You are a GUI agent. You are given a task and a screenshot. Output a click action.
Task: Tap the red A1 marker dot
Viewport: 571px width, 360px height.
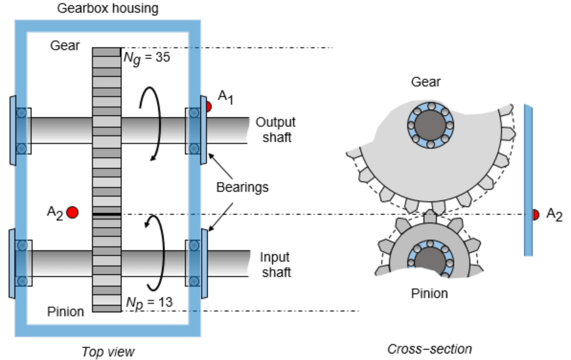(x=208, y=107)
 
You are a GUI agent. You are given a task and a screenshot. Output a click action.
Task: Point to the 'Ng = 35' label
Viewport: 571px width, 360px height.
(x=147, y=59)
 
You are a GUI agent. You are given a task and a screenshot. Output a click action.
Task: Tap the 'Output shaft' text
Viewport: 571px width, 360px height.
(x=275, y=129)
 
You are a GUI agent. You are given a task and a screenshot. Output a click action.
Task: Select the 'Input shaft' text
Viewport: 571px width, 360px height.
(x=275, y=265)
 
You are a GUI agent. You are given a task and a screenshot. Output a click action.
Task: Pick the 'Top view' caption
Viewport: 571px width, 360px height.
(x=108, y=351)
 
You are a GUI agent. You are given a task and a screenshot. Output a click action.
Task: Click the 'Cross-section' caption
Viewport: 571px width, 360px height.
(x=429, y=349)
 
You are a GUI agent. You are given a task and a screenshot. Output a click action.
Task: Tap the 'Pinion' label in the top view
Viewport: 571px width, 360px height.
(x=65, y=311)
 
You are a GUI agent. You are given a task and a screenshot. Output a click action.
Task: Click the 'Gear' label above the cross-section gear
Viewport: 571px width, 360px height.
(x=425, y=82)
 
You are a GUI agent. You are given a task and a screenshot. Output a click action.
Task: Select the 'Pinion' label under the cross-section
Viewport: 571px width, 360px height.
(x=429, y=294)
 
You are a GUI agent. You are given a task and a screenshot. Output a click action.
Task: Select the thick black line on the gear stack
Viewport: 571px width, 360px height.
(x=106, y=216)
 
